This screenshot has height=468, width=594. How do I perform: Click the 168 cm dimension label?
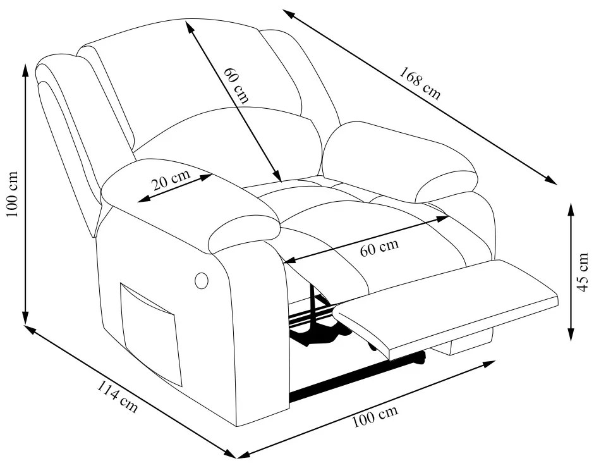click(x=420, y=83)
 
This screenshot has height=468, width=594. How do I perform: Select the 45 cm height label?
click(x=582, y=273)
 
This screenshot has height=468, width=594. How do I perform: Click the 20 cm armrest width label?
click(x=171, y=180)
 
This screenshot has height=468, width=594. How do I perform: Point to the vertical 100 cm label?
click(x=12, y=194)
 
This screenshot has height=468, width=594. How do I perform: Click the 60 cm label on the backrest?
click(x=236, y=85)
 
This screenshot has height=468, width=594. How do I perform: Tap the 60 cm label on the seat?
click(x=379, y=248)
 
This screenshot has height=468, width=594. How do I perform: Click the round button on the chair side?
click(x=202, y=280)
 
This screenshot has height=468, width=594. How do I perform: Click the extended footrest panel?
click(x=447, y=308)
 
